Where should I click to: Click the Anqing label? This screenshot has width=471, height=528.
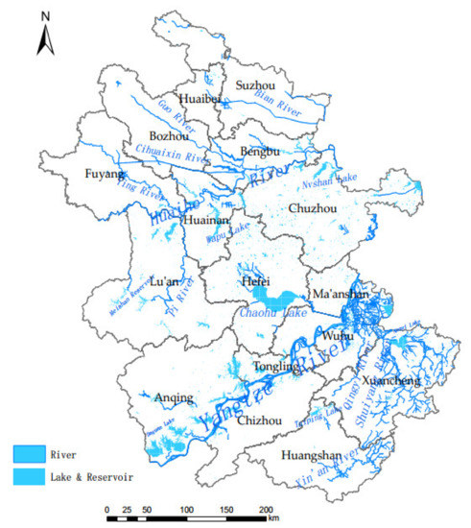(x=174, y=397)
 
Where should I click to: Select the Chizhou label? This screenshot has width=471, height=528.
(x=257, y=420)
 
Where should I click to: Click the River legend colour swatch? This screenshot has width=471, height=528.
(x=30, y=452)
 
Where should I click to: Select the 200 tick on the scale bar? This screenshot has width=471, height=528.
(x=266, y=509)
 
